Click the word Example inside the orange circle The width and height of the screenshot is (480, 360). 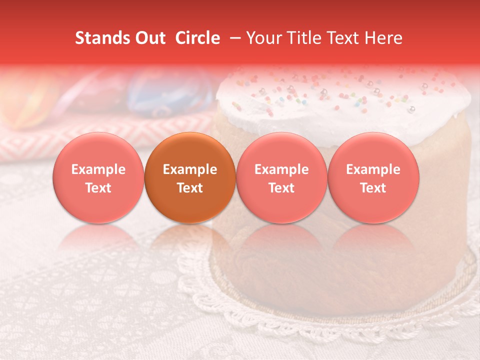tap(190, 169)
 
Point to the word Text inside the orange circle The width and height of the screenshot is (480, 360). tap(190, 188)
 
